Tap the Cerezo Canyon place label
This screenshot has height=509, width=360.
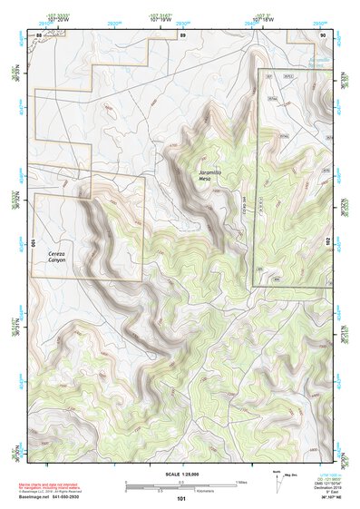coord(61,258)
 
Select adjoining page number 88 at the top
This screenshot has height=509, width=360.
coord(38,34)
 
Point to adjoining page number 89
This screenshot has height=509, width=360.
coord(182,34)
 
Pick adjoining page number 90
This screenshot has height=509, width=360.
coord(323,34)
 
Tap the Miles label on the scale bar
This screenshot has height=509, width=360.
coord(241,482)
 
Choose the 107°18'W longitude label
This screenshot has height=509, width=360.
coord(260,17)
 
